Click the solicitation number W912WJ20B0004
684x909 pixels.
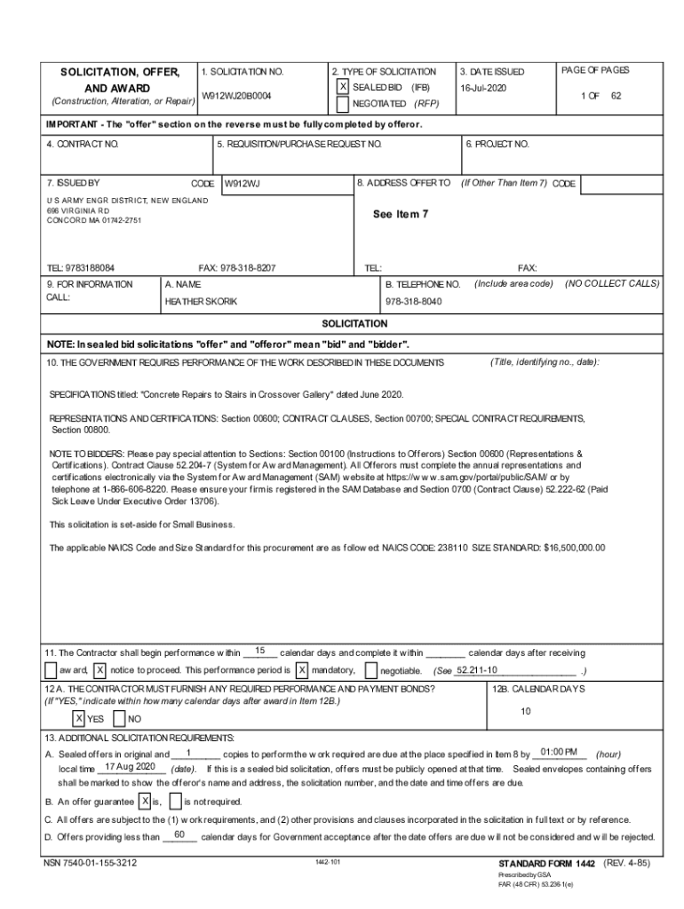point(236,94)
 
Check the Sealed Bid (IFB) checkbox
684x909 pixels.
point(343,88)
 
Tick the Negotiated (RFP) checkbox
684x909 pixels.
point(343,104)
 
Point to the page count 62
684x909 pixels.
point(616,94)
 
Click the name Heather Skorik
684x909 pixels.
point(201,302)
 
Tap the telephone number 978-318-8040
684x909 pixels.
point(413,302)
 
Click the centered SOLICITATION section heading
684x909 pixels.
point(354,324)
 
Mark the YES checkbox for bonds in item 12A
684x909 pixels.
point(79,718)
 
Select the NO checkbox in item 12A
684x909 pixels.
point(121,718)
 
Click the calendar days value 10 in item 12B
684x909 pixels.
point(525,711)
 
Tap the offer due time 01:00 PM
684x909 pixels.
point(558,752)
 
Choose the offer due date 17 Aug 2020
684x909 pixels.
point(130,766)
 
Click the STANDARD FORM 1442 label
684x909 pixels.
point(547,863)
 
